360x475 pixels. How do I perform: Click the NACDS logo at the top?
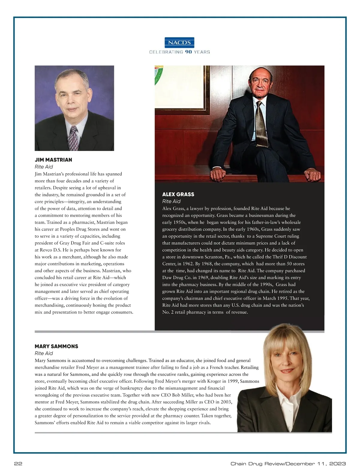pyautogui.click(x=180, y=43)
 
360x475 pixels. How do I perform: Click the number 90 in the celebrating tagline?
pyautogui.click(x=188, y=52)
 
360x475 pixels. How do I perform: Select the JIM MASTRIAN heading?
pyautogui.click(x=53, y=160)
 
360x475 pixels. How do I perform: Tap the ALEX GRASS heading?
pyautogui.click(x=178, y=194)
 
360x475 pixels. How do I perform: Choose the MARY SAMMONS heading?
pyautogui.click(x=56, y=346)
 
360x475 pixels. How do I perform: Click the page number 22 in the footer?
pyautogui.click(x=18, y=464)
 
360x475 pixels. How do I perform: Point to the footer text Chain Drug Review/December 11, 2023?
pyautogui.click(x=288, y=464)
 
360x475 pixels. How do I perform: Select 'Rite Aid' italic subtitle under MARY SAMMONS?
pyautogui.click(x=44, y=353)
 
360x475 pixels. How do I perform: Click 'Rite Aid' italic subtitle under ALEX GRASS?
pyautogui.click(x=171, y=201)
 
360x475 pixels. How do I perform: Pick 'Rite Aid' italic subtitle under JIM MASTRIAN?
pyautogui.click(x=44, y=167)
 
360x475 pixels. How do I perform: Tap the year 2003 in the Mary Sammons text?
pyautogui.click(x=226, y=402)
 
